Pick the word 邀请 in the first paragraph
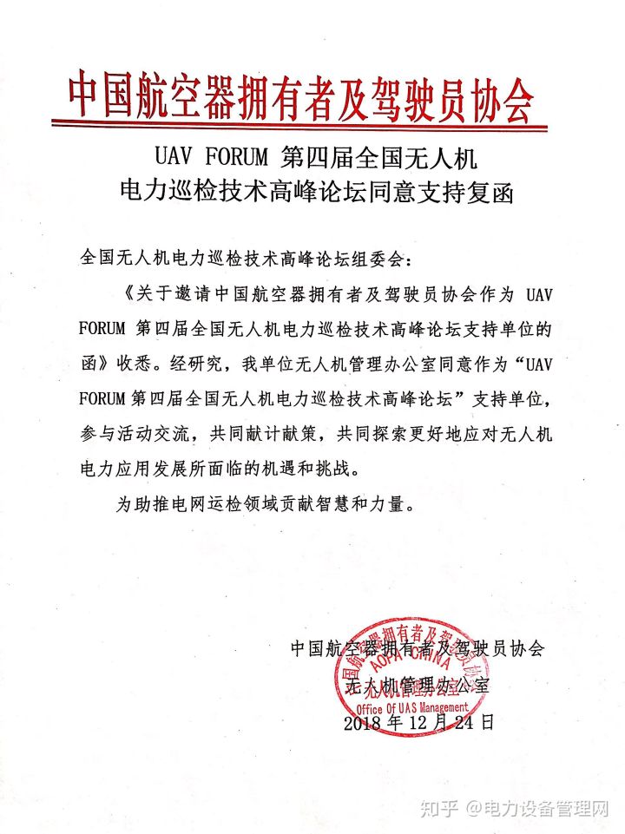click(183, 293)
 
